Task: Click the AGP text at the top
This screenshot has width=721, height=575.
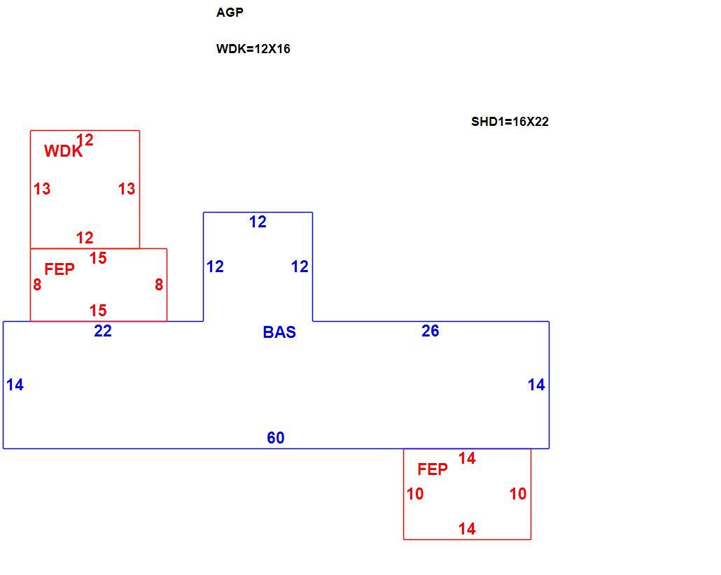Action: [230, 13]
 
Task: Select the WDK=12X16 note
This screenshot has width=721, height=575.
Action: [253, 49]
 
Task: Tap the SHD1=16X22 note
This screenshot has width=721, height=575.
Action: [510, 122]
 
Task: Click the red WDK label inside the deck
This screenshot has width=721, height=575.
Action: [63, 151]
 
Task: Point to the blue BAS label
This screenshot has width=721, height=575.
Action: [279, 332]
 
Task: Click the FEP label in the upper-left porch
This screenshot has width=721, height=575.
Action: [59, 269]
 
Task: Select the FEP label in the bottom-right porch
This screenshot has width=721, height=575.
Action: [432, 469]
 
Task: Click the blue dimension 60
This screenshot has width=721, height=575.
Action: [275, 438]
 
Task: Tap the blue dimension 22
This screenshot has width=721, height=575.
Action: [102, 331]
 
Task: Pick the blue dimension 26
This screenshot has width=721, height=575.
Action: [430, 331]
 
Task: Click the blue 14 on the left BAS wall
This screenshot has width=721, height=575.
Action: [15, 385]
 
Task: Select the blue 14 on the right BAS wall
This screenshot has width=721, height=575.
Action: [536, 385]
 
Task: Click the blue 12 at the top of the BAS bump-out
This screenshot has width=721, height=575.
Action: [258, 222]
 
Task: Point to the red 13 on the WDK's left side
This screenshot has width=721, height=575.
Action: [42, 188]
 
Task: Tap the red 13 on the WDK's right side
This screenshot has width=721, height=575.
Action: [127, 188]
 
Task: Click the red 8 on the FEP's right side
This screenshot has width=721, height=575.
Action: [159, 285]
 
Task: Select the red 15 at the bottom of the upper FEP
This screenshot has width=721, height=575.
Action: [98, 311]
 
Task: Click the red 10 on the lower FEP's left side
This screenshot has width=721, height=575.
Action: [415, 494]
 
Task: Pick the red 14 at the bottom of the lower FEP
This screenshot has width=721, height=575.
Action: [467, 529]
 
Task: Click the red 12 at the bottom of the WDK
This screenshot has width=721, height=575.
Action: [85, 238]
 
